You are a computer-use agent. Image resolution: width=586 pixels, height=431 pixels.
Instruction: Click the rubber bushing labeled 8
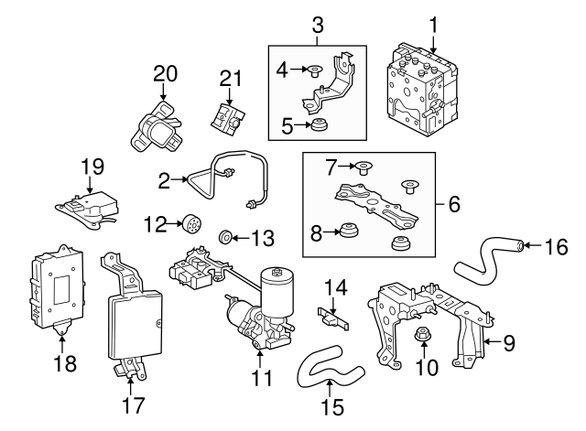(x=349, y=232)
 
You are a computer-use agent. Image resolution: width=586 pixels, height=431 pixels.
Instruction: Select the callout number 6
(x=453, y=207)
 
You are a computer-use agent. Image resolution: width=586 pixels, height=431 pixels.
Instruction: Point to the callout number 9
(x=509, y=343)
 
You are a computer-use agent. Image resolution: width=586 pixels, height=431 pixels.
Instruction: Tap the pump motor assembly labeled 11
(x=261, y=311)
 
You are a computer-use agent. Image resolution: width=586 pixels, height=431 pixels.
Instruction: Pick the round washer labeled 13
(x=225, y=240)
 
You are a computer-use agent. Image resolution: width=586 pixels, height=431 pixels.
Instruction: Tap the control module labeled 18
(x=57, y=286)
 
